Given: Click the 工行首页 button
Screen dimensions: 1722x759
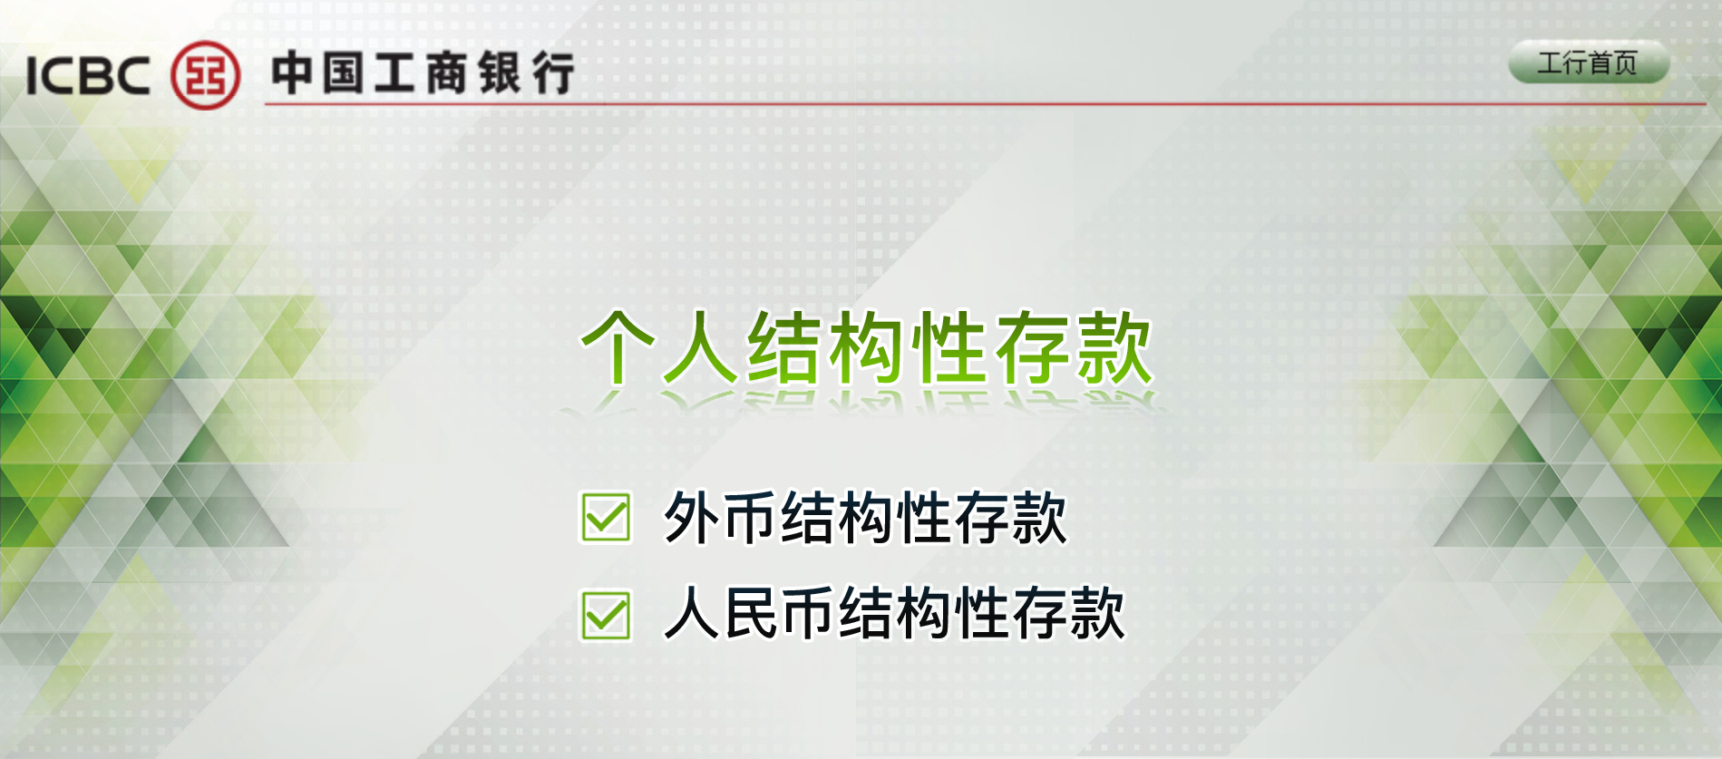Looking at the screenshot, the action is (x=1588, y=63).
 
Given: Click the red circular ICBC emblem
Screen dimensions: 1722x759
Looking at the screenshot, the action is (x=206, y=74).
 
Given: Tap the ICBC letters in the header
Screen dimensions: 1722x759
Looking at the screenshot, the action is (x=88, y=75).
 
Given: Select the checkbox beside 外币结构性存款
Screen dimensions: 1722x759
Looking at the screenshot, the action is (x=606, y=517).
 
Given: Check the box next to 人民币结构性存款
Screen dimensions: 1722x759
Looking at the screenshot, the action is (x=606, y=616).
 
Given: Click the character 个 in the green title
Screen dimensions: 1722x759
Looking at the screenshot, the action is (x=618, y=347).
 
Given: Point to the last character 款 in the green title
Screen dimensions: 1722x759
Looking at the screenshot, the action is (x=1114, y=347).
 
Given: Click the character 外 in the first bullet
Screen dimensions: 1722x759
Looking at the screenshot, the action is (x=693, y=518).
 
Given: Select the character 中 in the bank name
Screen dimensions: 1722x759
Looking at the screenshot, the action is (x=292, y=73).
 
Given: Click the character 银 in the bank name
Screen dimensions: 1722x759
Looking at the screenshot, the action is (x=500, y=73).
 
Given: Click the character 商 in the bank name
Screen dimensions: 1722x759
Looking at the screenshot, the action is (x=447, y=73).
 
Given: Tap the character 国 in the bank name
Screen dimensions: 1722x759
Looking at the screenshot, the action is (x=344, y=73).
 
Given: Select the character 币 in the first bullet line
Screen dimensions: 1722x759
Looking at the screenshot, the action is (x=751, y=518).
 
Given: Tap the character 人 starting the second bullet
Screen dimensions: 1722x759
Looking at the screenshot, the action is (x=694, y=614).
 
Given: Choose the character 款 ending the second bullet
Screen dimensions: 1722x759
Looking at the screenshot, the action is (x=1097, y=614).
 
